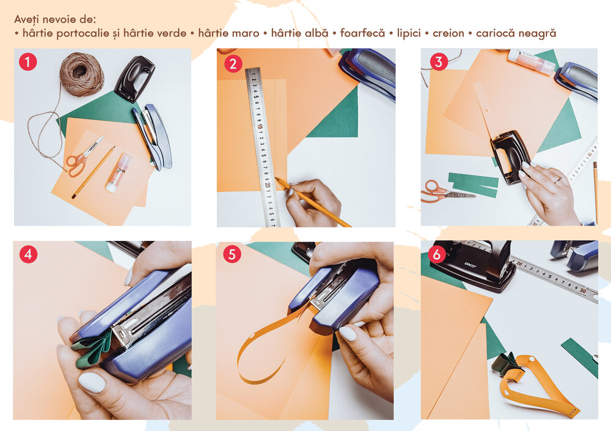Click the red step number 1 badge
coord(28,62)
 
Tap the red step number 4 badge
coord(28,254)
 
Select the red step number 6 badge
coord(437,254)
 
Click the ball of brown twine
coord(82,74)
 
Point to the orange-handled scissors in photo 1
coord(82,157)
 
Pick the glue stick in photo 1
coord(119,172)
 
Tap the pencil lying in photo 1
coord(93,172)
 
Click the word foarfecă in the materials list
coord(362,33)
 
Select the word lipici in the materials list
coord(409,34)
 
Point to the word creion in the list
coord(448,34)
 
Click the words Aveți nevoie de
coord(55,19)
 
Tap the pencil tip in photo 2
coord(277,179)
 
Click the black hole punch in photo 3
coord(510,157)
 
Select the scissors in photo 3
coord(447,191)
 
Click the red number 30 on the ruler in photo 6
coord(583,290)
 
